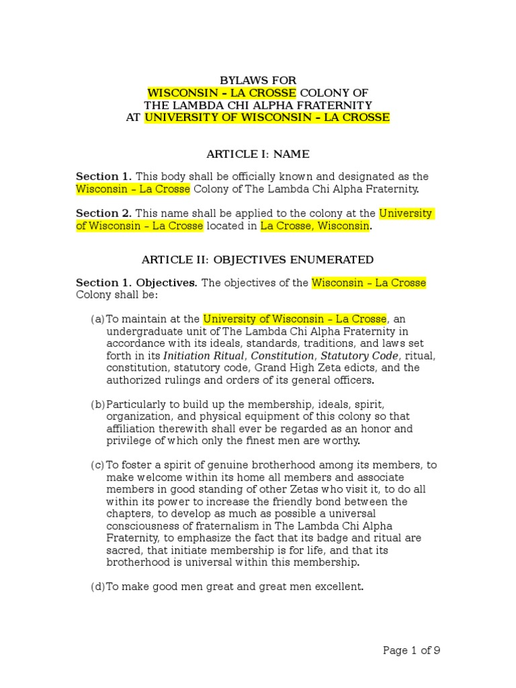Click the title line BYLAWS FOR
[258, 81]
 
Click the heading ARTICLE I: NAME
[258, 154]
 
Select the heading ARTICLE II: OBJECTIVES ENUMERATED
[257, 259]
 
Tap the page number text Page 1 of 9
[411, 650]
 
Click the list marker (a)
[98, 319]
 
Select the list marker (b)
[98, 404]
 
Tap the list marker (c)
[98, 465]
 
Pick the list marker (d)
[98, 587]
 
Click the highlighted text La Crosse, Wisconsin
[315, 226]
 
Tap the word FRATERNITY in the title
[332, 105]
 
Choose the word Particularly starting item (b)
[141, 404]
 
